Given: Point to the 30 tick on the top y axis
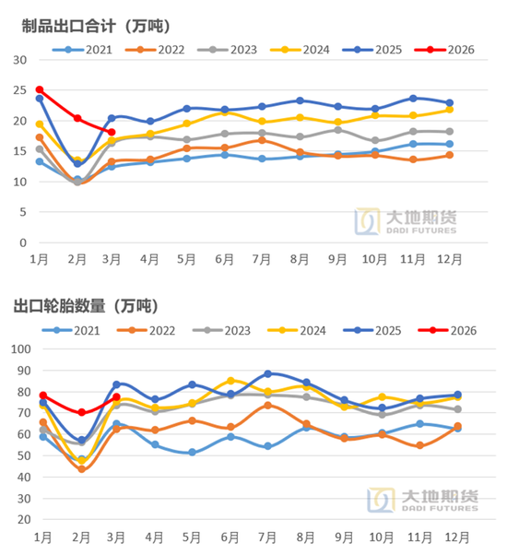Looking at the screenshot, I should [19, 59].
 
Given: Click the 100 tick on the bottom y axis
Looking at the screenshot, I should [18, 349].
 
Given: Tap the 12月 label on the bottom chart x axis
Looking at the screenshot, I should [449, 537].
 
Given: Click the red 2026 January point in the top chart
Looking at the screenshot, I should [40, 89].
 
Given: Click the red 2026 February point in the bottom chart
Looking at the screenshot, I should [82, 412].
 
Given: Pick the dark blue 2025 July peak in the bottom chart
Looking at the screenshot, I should [267, 373].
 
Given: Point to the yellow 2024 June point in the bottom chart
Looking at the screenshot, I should [231, 380].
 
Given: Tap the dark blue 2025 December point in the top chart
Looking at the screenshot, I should [449, 103].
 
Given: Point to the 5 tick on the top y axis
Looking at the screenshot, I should [22, 212].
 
